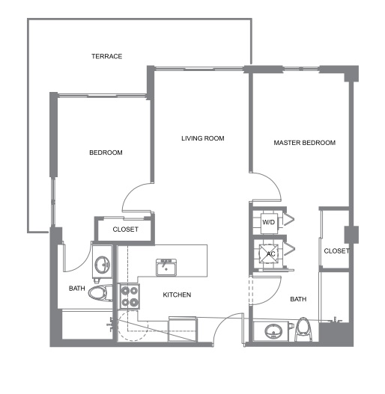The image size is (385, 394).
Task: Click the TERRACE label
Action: (x=107, y=56)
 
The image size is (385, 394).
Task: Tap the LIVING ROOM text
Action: (x=203, y=138)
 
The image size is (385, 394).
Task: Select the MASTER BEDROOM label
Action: (x=304, y=143)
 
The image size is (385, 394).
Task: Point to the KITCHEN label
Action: (x=177, y=295)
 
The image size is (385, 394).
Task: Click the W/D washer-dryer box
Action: (x=269, y=223)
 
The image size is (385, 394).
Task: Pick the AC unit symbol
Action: (x=269, y=253)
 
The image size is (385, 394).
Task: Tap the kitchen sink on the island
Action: (x=166, y=268)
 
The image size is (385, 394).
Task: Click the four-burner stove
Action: (x=130, y=296)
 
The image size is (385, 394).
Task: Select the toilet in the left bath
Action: (x=100, y=292)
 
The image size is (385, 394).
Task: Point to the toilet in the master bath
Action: (x=303, y=330)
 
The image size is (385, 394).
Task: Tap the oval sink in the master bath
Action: (x=272, y=331)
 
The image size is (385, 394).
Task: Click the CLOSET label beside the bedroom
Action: (x=125, y=230)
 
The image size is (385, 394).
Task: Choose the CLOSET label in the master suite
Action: (x=336, y=250)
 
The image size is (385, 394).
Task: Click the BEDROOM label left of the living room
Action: (x=106, y=153)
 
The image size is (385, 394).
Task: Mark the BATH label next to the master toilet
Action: (x=298, y=299)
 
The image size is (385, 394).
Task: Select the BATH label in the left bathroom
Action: (x=77, y=289)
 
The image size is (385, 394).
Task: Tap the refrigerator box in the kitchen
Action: (x=183, y=329)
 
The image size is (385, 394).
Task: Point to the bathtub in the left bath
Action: (x=87, y=325)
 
